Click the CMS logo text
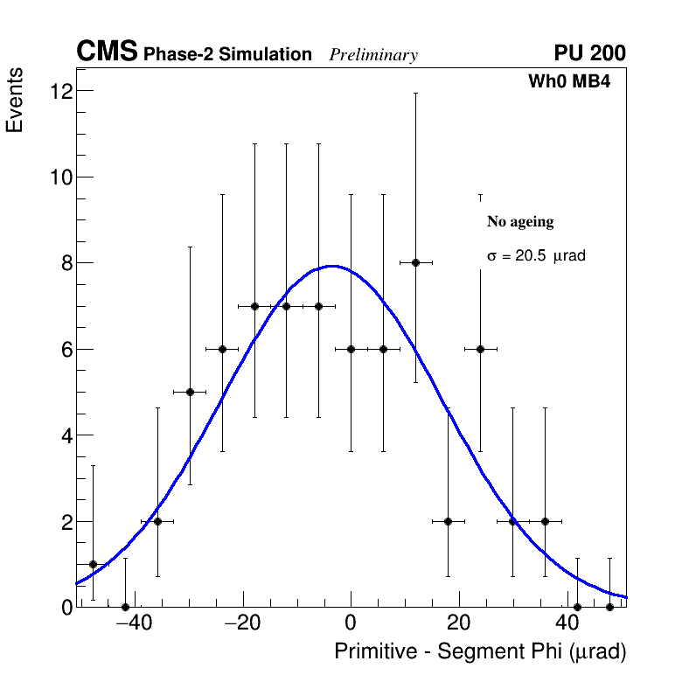click(107, 52)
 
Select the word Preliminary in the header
click(373, 55)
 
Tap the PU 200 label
click(589, 53)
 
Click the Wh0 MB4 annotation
click(568, 82)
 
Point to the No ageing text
click(520, 222)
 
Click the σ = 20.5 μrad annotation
click(535, 256)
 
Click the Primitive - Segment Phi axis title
click(480, 651)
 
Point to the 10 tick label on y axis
click(61, 177)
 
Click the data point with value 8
click(416, 262)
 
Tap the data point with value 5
click(190, 392)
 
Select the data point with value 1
click(93, 564)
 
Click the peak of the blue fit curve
click(333, 266)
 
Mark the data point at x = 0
click(351, 349)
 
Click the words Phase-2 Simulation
click(227, 55)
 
